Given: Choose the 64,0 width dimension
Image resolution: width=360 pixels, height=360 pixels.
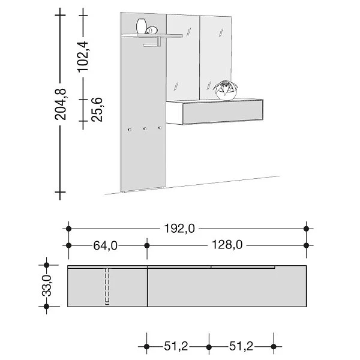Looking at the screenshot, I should (104, 245).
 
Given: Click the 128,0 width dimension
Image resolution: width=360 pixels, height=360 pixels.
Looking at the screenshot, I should (226, 245).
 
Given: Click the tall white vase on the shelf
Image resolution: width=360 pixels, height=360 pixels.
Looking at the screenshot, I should (142, 27).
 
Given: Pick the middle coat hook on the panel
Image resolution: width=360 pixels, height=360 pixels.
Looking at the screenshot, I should (145, 128).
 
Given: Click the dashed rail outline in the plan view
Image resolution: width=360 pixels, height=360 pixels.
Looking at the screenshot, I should (107, 285).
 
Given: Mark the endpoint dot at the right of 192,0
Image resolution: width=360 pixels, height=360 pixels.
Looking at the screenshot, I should (307, 229).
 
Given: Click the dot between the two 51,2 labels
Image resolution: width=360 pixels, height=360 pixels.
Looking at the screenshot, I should (209, 346).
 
